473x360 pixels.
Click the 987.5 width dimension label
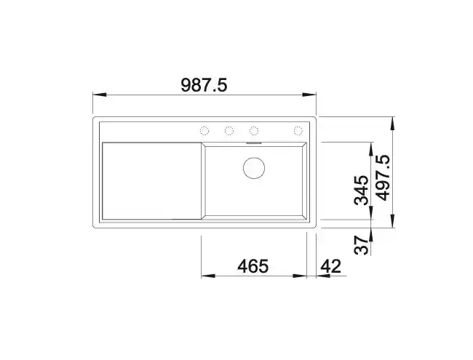(x=204, y=85)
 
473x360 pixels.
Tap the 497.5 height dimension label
(x=383, y=178)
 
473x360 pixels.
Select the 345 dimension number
(x=362, y=191)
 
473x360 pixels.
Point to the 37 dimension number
(x=362, y=245)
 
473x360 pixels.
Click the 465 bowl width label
(x=253, y=266)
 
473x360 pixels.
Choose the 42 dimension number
(x=330, y=266)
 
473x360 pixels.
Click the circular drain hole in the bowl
(x=254, y=168)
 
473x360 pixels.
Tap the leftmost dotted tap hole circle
(x=204, y=131)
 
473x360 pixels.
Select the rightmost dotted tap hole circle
(x=298, y=131)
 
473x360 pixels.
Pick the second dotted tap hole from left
(x=229, y=131)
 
